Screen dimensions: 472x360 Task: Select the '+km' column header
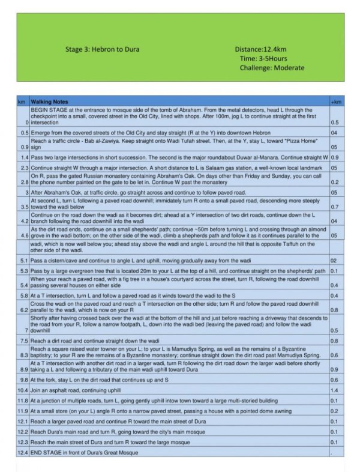(x=336, y=102)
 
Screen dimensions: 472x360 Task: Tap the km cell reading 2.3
(x=24, y=168)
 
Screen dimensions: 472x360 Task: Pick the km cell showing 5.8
(x=24, y=295)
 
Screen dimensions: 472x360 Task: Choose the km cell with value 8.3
(x=24, y=355)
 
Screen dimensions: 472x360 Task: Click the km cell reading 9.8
(x=24, y=380)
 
